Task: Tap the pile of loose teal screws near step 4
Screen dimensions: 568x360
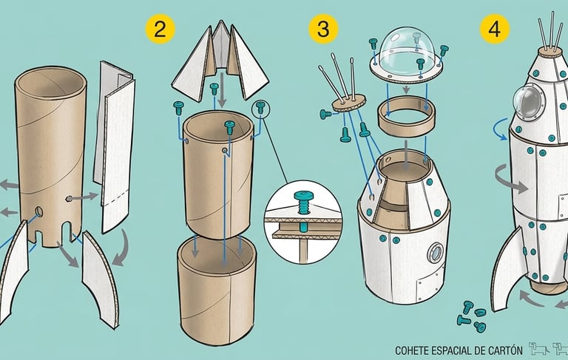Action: coord(470,313)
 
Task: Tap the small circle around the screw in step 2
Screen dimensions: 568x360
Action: coord(262,109)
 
